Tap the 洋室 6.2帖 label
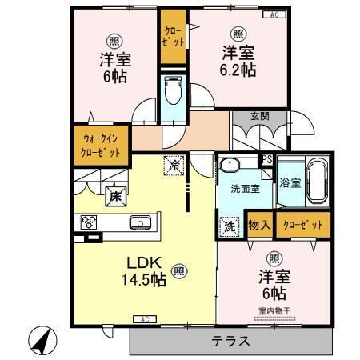(x=238, y=62)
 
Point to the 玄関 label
(x=259, y=116)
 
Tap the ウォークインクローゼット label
(x=101, y=144)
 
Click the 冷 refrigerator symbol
(x=174, y=166)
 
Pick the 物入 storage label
(x=258, y=225)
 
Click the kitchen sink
(x=139, y=222)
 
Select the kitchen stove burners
(x=87, y=222)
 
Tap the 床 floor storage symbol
(x=114, y=194)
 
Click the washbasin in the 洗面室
(x=231, y=166)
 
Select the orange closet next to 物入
(x=302, y=225)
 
